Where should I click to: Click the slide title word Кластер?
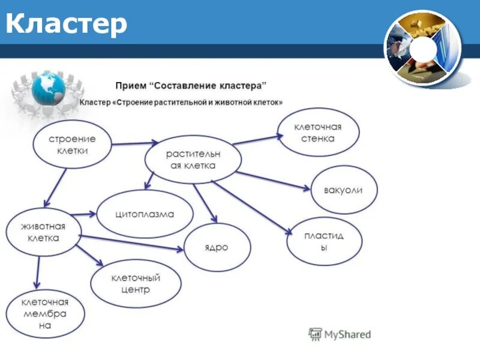[x=67, y=25]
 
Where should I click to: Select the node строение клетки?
[x=72, y=145]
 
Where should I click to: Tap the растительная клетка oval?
[x=193, y=160]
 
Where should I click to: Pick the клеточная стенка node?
[x=317, y=133]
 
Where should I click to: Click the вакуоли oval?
[x=344, y=190]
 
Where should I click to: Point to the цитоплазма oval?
[x=145, y=214]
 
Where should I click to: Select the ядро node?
[x=217, y=247]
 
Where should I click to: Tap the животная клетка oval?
[x=43, y=232]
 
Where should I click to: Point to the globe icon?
[x=49, y=88]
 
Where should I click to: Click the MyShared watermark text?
[x=347, y=334]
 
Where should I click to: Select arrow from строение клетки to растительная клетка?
[x=134, y=144]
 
